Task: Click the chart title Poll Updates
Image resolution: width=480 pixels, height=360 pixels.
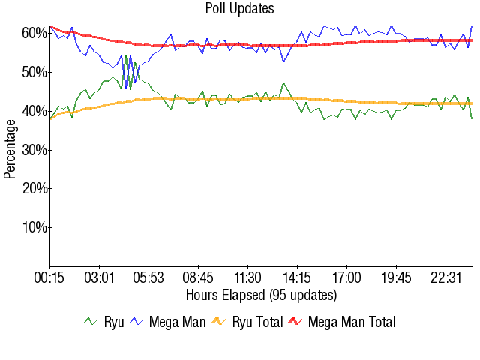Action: pyautogui.click(x=239, y=9)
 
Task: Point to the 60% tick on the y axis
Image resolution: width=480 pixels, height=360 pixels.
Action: pyautogui.click(x=35, y=34)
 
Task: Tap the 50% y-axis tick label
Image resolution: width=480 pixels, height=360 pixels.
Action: pyautogui.click(x=35, y=73)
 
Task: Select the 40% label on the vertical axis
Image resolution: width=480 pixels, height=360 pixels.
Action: pyautogui.click(x=35, y=111)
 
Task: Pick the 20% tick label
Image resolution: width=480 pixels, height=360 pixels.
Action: pyautogui.click(x=35, y=188)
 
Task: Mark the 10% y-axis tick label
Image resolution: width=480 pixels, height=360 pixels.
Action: pyautogui.click(x=35, y=227)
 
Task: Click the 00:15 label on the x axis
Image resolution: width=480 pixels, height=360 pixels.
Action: pyautogui.click(x=49, y=278)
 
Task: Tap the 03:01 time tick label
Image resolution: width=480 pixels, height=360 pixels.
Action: pyautogui.click(x=99, y=278)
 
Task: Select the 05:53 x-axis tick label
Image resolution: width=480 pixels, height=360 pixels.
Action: pyautogui.click(x=148, y=278)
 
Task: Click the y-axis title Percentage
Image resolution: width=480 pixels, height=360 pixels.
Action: pyautogui.click(x=10, y=150)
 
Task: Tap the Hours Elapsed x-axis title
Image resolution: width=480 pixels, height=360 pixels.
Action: pyautogui.click(x=261, y=294)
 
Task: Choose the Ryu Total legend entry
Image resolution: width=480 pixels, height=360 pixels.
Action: pyautogui.click(x=247, y=322)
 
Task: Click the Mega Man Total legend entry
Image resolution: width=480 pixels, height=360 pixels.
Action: pyautogui.click(x=342, y=322)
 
